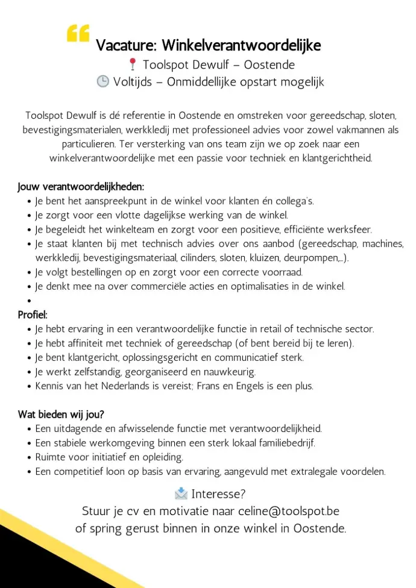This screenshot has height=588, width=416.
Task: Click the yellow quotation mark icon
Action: point(78,34)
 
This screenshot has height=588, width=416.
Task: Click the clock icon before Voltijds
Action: point(102,81)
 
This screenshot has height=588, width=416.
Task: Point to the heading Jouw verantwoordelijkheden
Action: point(81,187)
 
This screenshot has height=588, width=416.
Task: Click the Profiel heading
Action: point(33,314)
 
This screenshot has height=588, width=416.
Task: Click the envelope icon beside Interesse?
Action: point(180,494)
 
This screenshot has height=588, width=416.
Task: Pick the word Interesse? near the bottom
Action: point(218,495)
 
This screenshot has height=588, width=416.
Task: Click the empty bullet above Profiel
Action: point(29,301)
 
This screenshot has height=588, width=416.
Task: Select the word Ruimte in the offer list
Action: point(51,457)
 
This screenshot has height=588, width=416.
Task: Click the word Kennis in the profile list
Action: point(50,386)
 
